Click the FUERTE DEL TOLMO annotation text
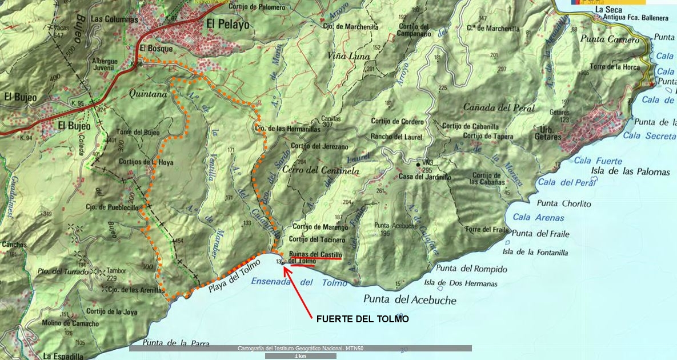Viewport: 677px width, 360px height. pos(362,319)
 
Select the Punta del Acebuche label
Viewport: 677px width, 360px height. pos(410,299)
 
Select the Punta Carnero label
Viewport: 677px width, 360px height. pos(609,40)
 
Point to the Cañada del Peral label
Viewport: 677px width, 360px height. pos(499,107)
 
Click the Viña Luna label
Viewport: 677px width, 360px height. pos(348,57)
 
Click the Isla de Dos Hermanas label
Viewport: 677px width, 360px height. pos(460,283)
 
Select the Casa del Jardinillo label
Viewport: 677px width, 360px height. pos(424,177)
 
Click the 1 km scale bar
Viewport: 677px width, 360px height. pos(300,356)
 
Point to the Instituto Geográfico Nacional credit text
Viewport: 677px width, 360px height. pos(300,348)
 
